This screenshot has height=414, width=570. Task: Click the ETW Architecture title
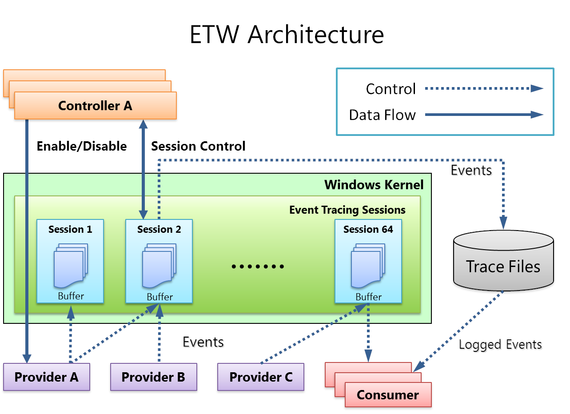coord(287,35)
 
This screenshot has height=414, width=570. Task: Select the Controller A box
coord(95,106)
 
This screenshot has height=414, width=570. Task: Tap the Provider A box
coord(46,377)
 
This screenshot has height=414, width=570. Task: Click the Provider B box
coord(153,377)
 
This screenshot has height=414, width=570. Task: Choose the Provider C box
coord(261,377)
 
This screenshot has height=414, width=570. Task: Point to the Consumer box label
coord(388,395)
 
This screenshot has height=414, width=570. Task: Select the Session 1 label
coord(70,229)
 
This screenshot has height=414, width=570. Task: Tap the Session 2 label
coord(159,229)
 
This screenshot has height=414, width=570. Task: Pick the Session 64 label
coord(368,229)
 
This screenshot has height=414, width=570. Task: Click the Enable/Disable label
coord(82,146)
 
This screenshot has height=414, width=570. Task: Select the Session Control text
coord(198,146)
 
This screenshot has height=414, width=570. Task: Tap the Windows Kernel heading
coord(374,184)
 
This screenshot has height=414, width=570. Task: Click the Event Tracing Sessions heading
coord(347,210)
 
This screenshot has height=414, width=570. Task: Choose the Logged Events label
coord(500,344)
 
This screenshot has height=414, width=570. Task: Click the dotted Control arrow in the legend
coord(484,88)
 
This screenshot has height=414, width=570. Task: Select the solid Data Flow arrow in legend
coord(484,115)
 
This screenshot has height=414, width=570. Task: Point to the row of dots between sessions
coord(258,267)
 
